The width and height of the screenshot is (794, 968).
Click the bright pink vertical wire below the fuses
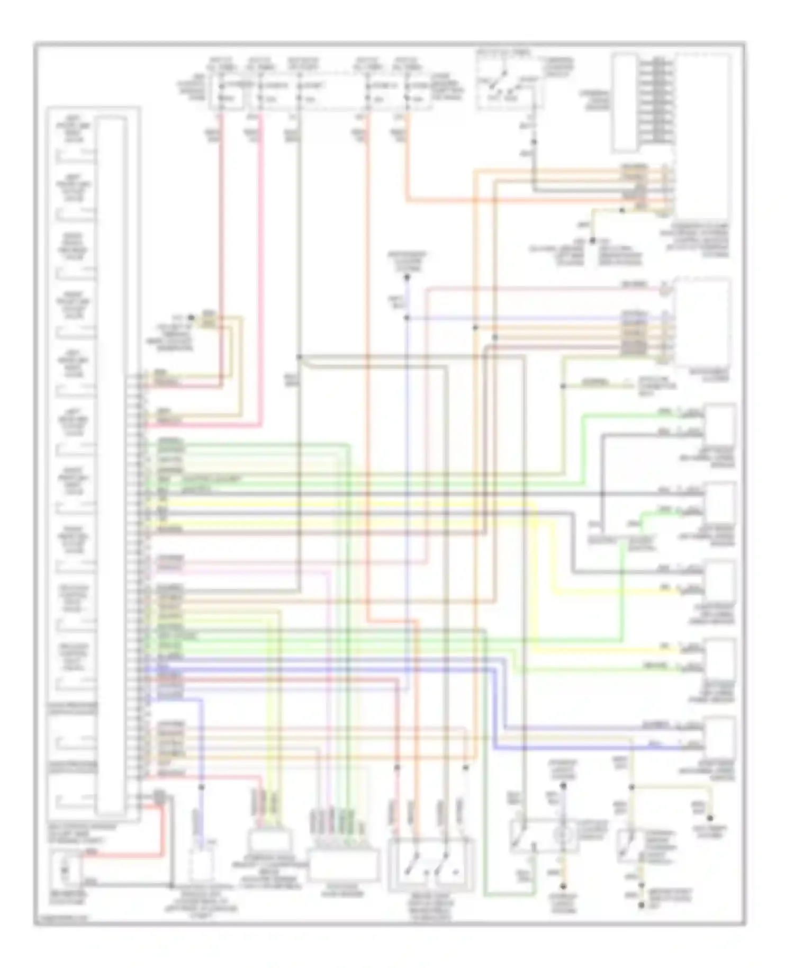(x=260, y=265)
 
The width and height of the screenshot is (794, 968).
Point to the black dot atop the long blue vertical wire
(x=407, y=277)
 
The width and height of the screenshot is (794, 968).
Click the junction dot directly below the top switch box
(x=534, y=142)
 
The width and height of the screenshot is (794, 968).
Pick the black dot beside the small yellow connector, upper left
(x=192, y=318)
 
